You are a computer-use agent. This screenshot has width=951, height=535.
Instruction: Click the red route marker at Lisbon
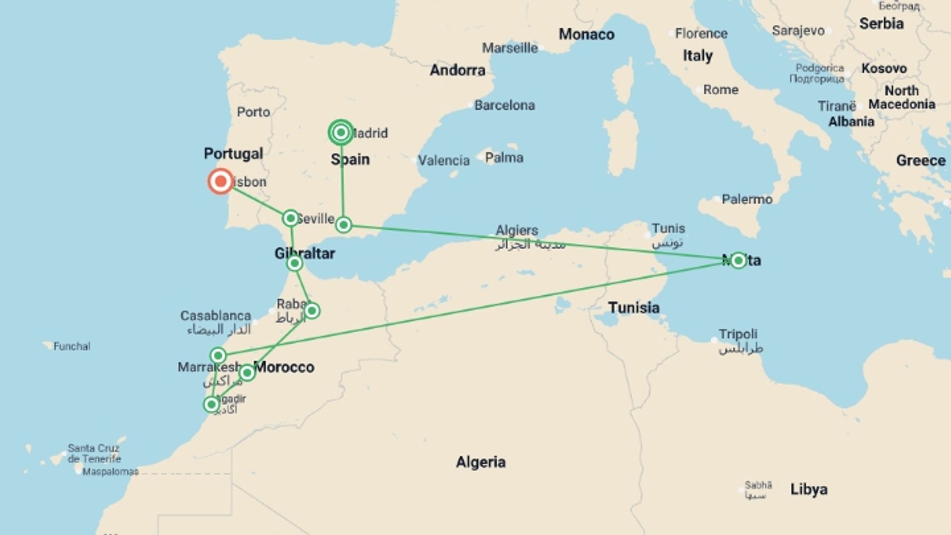tap(220, 181)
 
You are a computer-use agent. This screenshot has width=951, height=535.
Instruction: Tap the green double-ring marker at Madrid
tap(341, 132)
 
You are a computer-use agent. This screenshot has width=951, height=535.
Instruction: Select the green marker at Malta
tap(738, 261)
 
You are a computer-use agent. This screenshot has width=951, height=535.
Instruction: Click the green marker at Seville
tap(291, 218)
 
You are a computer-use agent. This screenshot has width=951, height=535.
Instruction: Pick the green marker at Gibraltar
tap(295, 263)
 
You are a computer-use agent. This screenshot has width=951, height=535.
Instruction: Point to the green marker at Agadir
tap(211, 405)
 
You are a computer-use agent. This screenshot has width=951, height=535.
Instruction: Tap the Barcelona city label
tap(504, 105)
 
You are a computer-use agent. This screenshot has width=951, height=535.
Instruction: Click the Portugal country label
tap(233, 154)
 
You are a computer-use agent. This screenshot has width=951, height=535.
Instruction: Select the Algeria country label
tap(480, 462)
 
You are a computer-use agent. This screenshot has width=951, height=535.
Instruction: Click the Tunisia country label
tap(634, 308)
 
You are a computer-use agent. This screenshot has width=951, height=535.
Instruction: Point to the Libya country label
tap(808, 489)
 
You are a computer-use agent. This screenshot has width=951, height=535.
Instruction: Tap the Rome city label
tap(721, 90)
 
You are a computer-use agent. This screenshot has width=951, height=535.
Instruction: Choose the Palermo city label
tap(746, 199)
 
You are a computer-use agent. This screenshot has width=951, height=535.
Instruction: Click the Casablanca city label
tap(215, 316)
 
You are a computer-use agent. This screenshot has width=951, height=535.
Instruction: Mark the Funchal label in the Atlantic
tap(72, 346)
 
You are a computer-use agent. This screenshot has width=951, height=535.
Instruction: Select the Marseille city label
tap(510, 48)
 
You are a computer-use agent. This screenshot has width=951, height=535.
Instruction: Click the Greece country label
tap(920, 160)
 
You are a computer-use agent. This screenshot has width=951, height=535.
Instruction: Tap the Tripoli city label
tap(738, 334)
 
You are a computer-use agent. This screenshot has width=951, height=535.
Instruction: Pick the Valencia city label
tap(443, 160)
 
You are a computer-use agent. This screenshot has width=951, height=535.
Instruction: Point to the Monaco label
tap(586, 34)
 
